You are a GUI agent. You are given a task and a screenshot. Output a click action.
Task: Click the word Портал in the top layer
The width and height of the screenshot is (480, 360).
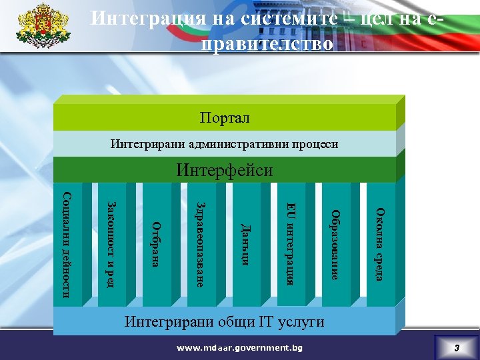224,118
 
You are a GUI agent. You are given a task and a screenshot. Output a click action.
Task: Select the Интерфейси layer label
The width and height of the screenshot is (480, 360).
224,170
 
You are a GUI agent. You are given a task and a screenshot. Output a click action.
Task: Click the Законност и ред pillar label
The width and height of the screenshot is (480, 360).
111,245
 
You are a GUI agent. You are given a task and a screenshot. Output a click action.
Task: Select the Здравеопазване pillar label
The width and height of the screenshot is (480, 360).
201,244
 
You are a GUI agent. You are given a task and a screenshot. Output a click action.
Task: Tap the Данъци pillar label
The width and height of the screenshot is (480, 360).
245,245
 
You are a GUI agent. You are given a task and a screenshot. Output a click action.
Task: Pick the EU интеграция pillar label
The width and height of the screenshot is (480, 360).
291,243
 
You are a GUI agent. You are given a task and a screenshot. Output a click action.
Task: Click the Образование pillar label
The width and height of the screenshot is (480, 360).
335,245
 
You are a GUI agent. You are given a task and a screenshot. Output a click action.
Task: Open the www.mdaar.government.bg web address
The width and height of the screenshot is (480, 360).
239,348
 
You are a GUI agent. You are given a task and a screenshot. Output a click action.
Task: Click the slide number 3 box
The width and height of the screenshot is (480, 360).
457,348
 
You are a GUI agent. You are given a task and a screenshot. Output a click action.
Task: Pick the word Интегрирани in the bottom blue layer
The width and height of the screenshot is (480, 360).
166,321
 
